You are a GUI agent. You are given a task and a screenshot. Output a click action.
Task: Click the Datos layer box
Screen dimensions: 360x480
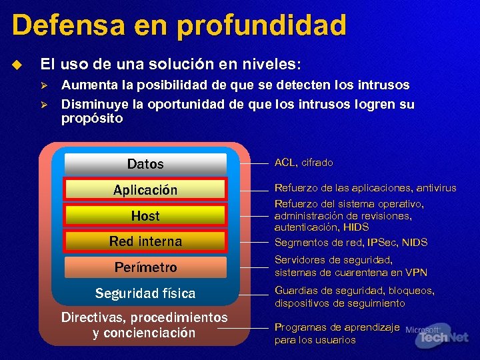(x=145, y=164)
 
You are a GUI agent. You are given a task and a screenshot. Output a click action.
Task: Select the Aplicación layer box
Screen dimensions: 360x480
(x=145, y=190)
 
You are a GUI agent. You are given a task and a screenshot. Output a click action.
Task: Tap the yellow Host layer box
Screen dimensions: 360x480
(x=145, y=216)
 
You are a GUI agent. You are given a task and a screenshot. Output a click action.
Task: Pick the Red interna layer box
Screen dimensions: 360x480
(x=145, y=241)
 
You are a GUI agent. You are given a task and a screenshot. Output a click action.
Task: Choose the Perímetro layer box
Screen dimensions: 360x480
(x=145, y=267)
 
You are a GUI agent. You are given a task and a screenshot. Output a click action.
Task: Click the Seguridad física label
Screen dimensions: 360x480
(x=145, y=293)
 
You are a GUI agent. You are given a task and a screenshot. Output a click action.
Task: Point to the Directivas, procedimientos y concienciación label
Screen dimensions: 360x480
(x=144, y=325)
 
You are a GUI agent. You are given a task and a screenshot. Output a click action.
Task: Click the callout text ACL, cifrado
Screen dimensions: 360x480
(x=304, y=163)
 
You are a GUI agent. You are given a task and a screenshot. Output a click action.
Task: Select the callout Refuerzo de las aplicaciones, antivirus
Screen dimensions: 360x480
(x=365, y=188)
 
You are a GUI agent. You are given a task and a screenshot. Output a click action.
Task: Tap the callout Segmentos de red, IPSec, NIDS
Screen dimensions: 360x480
(x=351, y=243)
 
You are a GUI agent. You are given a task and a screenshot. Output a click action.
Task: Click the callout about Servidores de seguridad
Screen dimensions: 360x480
(x=351, y=266)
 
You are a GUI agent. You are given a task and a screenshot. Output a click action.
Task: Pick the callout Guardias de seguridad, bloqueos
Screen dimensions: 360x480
(x=354, y=297)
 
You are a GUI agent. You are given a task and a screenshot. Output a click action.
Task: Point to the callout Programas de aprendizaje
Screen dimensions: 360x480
(x=337, y=333)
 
